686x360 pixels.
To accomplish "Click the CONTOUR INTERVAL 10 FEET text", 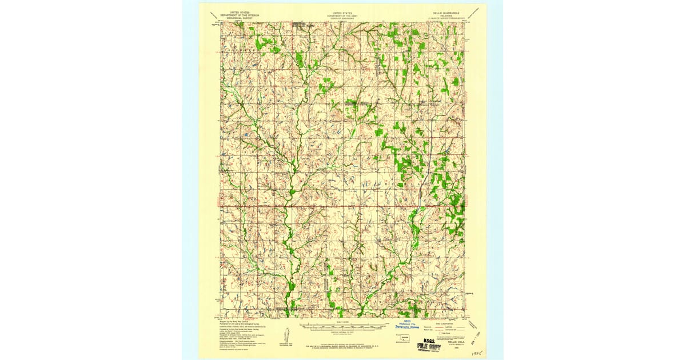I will [x=342, y=331].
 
